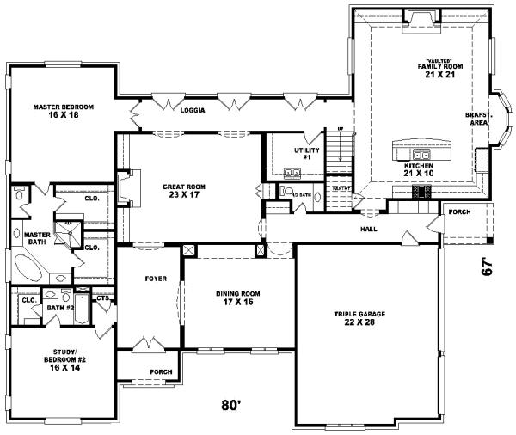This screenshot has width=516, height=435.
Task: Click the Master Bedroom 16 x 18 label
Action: pos(64,111)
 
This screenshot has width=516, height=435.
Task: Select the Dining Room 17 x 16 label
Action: pos(238,297)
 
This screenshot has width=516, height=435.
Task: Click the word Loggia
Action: pos(192,111)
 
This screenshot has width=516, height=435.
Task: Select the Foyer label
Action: pos(155,279)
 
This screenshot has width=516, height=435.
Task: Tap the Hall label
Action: pos(369,229)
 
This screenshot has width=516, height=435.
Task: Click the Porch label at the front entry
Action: pos(161,371)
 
